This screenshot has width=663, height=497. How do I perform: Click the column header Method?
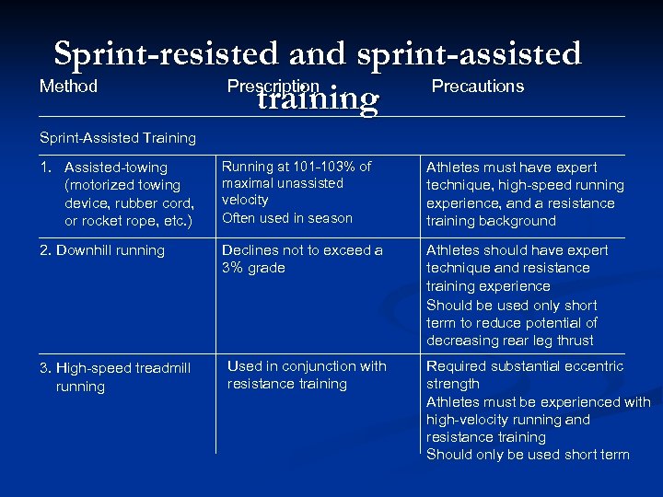click(x=68, y=87)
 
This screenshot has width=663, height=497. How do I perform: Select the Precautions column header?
click(x=477, y=87)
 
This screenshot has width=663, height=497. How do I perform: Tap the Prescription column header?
click(x=273, y=87)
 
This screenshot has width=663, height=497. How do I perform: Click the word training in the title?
click(x=318, y=98)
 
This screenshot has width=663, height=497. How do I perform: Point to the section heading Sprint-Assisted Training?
click(x=118, y=138)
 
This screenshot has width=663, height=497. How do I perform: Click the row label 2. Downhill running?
click(x=102, y=250)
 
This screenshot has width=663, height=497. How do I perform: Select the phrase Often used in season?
click(x=287, y=218)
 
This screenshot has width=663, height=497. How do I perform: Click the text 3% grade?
click(x=254, y=268)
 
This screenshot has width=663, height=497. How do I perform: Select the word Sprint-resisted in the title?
click(x=168, y=53)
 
